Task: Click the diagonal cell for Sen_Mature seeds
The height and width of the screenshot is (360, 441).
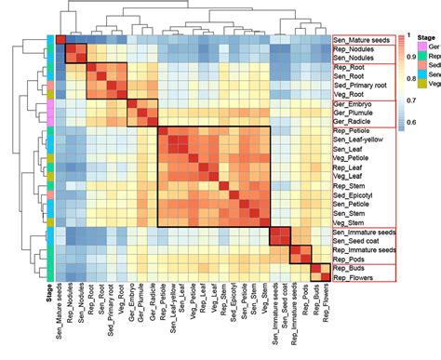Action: coord(60,40)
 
